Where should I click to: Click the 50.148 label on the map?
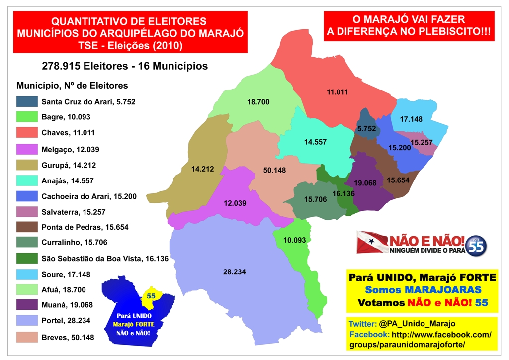[274, 170]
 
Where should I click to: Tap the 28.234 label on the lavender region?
[235, 272]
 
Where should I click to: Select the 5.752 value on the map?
[366, 128]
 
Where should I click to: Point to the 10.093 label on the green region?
[295, 240]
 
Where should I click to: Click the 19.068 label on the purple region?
[364, 183]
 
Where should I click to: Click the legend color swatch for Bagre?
[27, 117]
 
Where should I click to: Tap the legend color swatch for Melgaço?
[27, 149]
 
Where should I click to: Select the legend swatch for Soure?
[27, 274]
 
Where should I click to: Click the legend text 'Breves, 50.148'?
[68, 337]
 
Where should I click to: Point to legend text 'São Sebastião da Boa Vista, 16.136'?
[105, 259]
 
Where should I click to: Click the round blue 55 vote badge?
[476, 245]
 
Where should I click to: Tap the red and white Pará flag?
[373, 242]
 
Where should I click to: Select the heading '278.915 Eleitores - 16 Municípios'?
[125, 66]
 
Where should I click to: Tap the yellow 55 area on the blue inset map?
[151, 296]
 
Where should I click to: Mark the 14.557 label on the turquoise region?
[315, 142]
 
